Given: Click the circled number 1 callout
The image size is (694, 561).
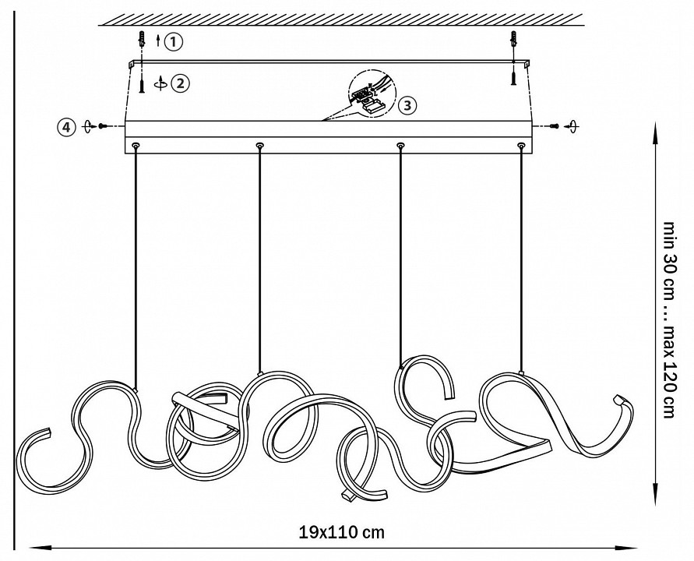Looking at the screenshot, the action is [173, 41].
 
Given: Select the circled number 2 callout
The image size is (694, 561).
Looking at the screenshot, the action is [180, 83].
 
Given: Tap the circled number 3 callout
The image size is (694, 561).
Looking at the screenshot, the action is [407, 105].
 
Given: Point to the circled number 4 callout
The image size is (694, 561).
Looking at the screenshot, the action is [66, 128].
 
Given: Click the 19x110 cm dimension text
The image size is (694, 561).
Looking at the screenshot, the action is [342, 531].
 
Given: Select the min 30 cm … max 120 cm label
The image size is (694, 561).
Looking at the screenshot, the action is [669, 319].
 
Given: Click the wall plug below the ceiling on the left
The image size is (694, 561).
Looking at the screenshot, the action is [141, 40].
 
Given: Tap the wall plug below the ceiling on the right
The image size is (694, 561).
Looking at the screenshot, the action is [514, 40].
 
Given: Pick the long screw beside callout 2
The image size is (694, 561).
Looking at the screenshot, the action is [142, 83].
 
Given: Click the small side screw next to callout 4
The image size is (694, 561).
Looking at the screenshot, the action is [102, 126].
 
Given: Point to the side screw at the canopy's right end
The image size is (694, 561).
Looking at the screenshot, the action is [554, 126].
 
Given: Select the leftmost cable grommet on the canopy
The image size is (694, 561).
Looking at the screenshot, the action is [136, 145].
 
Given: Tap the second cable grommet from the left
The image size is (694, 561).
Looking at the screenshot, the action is [259, 145].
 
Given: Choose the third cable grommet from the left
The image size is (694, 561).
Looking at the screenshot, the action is [400, 145].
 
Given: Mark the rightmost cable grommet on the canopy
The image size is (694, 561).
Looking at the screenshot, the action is [521, 145].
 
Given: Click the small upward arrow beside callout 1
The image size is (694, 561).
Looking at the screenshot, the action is [158, 41].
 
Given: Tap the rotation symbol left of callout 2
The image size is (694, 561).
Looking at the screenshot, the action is [161, 83].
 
